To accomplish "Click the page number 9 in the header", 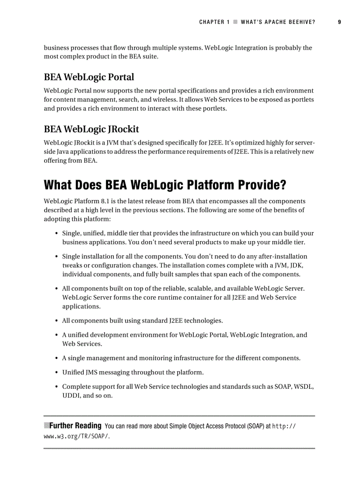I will point(339,22).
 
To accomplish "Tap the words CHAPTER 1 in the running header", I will point(214,22).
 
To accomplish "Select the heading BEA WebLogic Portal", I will point(89,77).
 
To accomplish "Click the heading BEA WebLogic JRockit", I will point(91,129).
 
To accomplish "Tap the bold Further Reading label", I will point(75,426).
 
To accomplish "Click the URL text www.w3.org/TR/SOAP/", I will point(77,436).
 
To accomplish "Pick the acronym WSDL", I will point(303,387).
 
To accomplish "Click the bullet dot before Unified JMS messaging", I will point(57,372).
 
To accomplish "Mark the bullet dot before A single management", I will point(57,358).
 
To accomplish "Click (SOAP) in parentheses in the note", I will point(254,426).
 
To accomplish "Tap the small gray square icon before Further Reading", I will point(46,425).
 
